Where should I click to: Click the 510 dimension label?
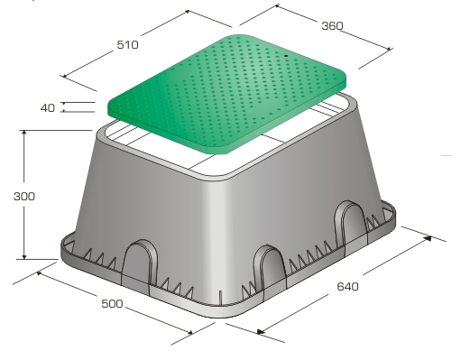[128, 45]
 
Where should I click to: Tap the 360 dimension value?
[332, 26]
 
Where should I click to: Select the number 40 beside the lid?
[48, 107]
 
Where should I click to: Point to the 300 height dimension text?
[24, 197]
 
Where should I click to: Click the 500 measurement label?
[112, 304]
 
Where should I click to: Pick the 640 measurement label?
[347, 286]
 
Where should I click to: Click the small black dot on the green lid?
[286, 56]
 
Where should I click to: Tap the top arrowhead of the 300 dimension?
[24, 133]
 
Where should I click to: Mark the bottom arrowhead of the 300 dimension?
[24, 256]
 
